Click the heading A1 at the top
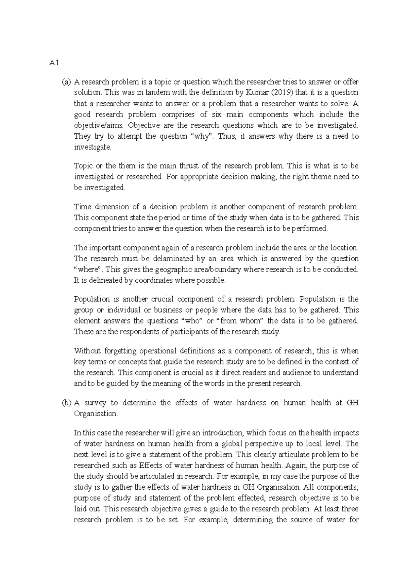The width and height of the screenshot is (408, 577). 52,63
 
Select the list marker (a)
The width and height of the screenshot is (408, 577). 66,82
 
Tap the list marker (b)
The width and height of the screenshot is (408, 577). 66,403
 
